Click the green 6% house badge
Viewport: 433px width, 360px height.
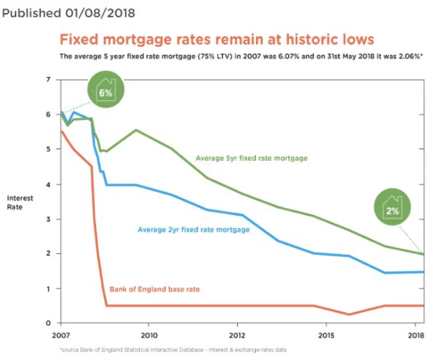click(106, 89)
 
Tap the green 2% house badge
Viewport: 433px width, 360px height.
click(392, 206)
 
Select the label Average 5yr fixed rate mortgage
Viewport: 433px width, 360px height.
click(252, 158)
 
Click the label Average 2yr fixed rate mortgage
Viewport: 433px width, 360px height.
click(194, 230)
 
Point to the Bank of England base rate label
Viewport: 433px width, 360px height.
click(154, 289)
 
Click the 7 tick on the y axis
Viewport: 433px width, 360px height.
click(48, 80)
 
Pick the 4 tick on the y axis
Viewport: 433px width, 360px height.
click(48, 184)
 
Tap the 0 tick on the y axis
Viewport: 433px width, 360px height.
click(48, 323)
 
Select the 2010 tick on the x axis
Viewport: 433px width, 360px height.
click(149, 335)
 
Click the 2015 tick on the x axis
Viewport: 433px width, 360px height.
click(326, 335)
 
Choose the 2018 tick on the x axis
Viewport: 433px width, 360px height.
click(416, 335)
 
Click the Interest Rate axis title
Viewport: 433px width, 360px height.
click(20, 203)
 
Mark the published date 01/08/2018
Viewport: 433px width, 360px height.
click(100, 13)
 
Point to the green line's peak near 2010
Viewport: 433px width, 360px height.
click(136, 130)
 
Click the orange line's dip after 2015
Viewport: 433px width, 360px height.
click(350, 314)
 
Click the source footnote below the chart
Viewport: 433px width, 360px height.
click(173, 350)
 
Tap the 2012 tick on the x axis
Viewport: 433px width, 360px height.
click(237, 335)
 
